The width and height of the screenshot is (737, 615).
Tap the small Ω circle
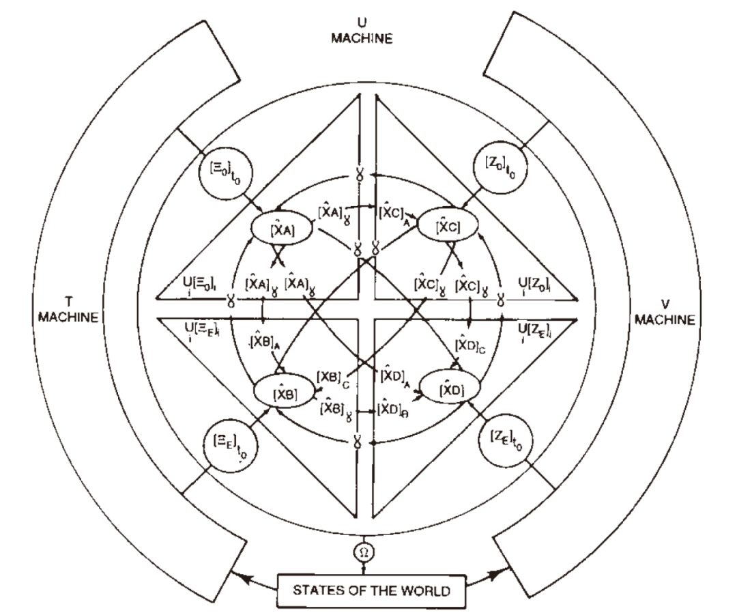coord(365,550)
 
